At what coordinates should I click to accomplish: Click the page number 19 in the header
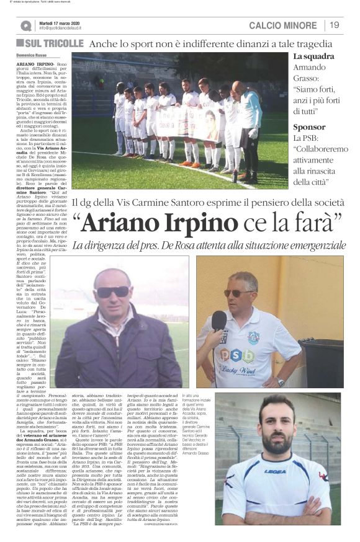(335, 25)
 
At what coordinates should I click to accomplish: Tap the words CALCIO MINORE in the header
(282, 25)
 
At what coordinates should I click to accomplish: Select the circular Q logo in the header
(25, 25)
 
